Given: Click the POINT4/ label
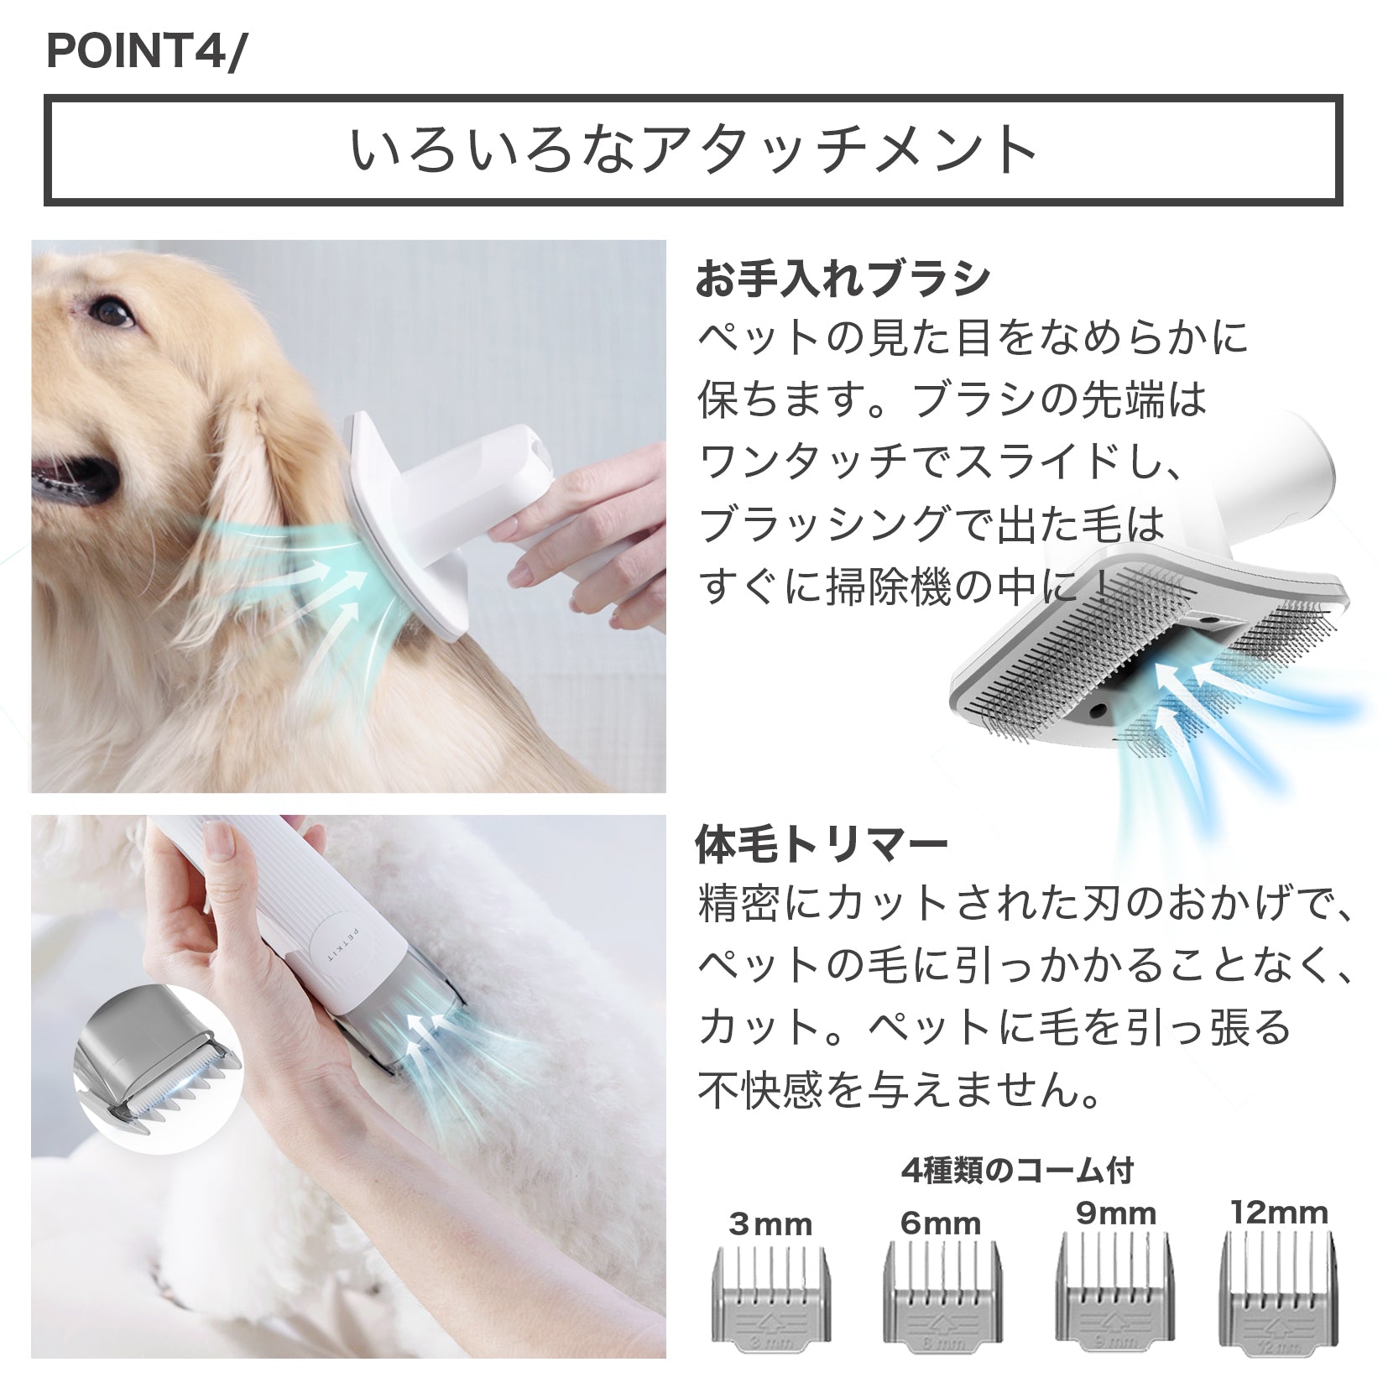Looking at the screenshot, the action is pyautogui.click(x=143, y=52).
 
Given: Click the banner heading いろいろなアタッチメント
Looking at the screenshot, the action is pyautogui.click(x=693, y=149).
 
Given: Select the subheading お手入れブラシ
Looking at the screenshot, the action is pyautogui.click(x=843, y=279).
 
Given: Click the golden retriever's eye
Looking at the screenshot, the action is pyautogui.click(x=113, y=315).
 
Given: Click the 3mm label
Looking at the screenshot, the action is pyautogui.click(x=770, y=1224).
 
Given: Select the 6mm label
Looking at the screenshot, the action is pyautogui.click(x=941, y=1223).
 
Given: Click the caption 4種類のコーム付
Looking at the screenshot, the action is pyautogui.click(x=1016, y=1169).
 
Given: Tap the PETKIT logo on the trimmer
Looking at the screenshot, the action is pyautogui.click(x=329, y=945).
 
